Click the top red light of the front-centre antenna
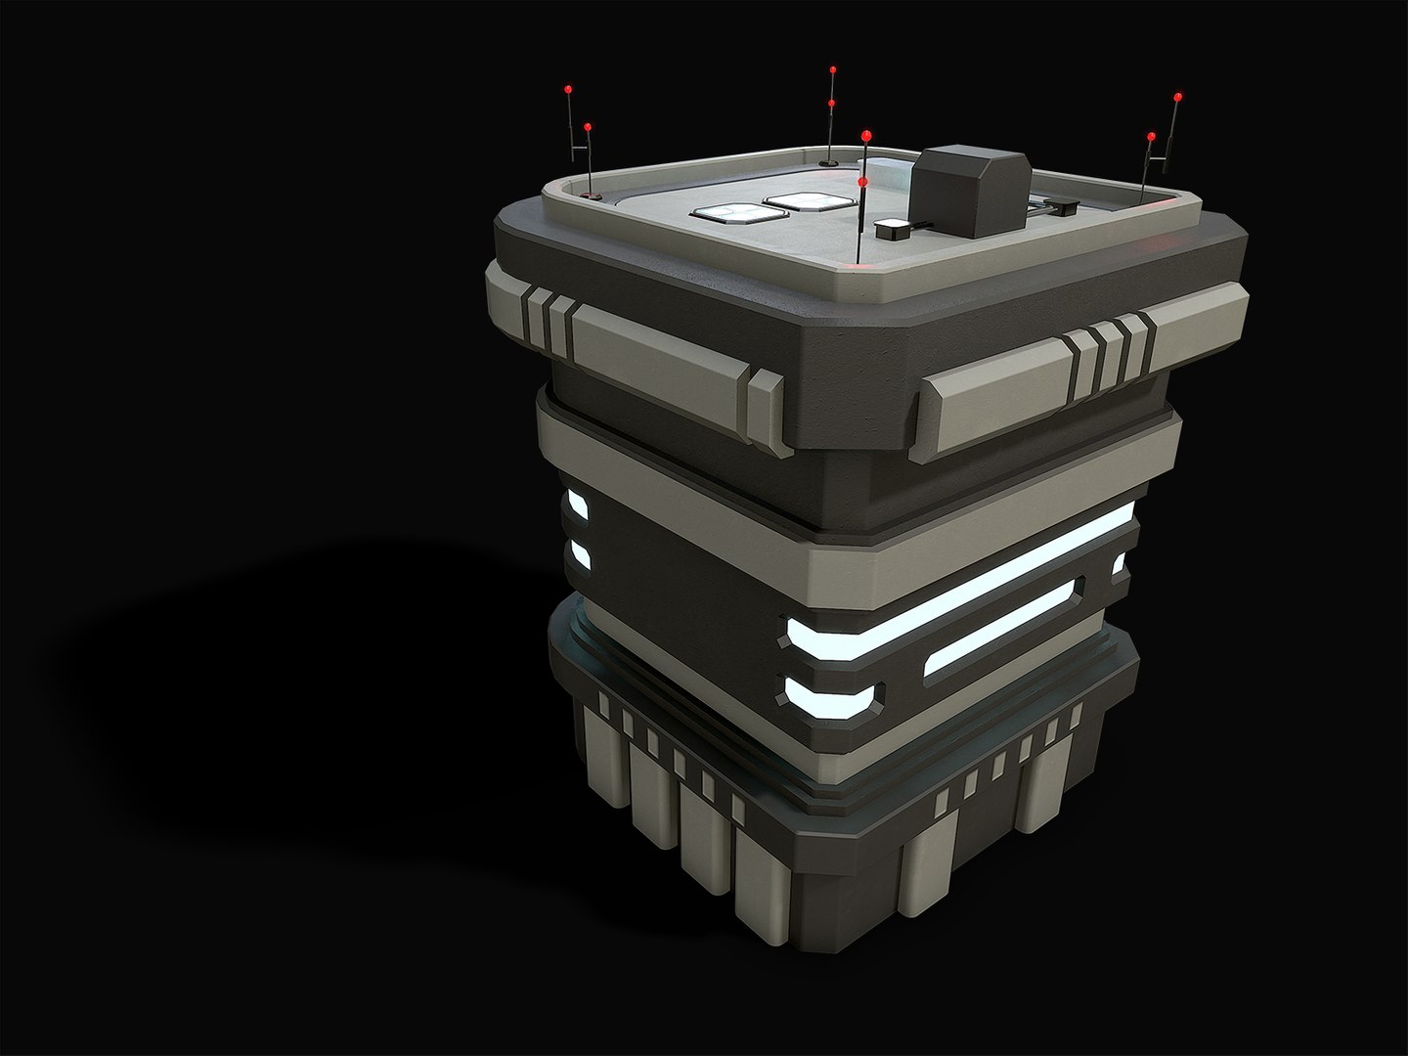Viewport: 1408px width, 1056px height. (x=866, y=134)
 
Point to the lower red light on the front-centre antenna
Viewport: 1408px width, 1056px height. (x=861, y=181)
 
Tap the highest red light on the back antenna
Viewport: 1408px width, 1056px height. (x=832, y=70)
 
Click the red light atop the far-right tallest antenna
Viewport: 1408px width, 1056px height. (x=1178, y=97)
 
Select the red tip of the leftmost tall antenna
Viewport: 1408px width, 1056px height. (x=568, y=89)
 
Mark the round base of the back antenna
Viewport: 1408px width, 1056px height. (x=829, y=159)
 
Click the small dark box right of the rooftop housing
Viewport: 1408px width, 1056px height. (x=1061, y=205)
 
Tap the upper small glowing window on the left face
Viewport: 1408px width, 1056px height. (x=576, y=506)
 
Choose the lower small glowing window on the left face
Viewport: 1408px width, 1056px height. (x=578, y=553)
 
